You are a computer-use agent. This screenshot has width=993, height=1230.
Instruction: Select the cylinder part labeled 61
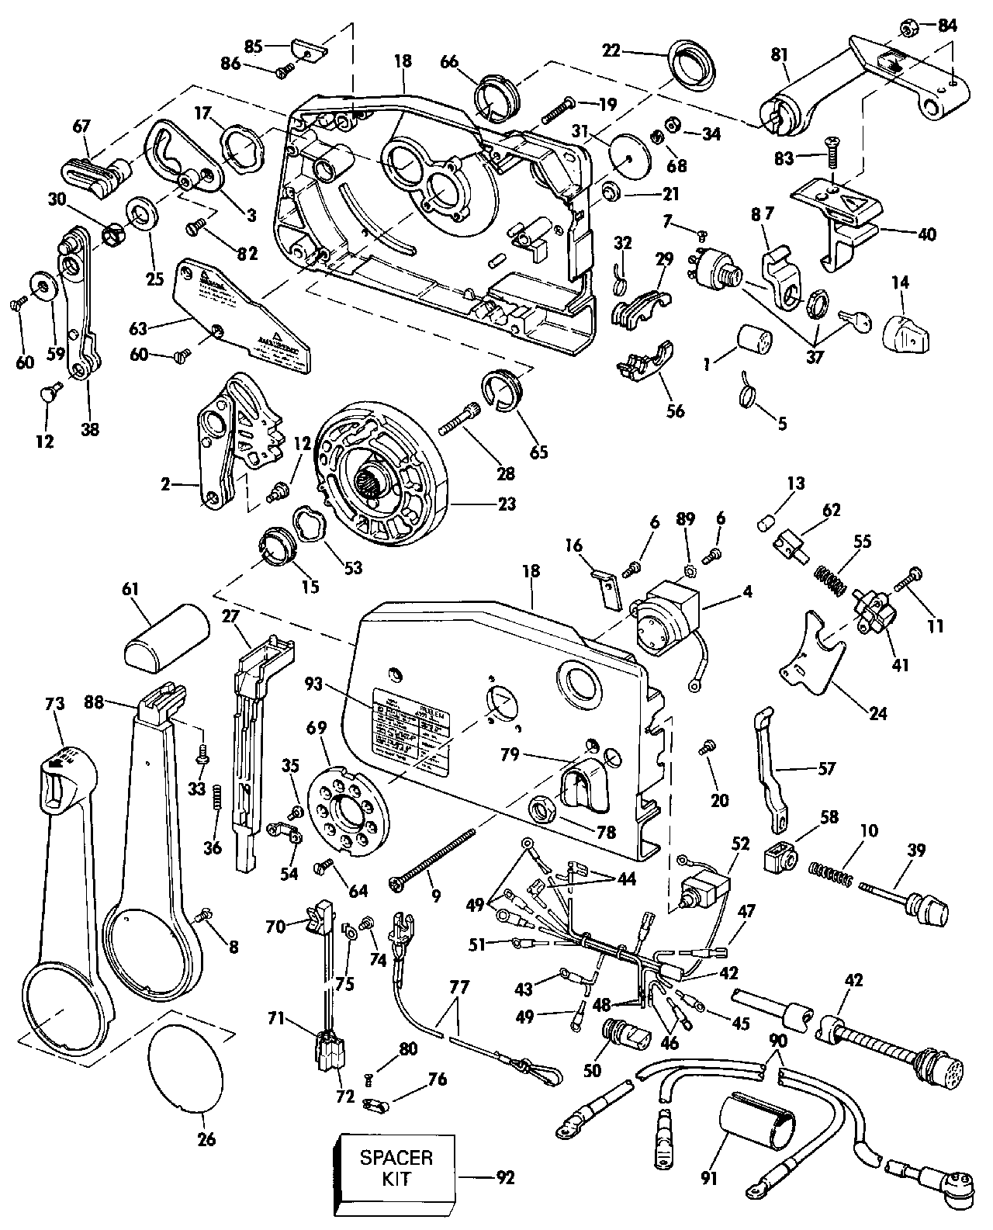click(167, 636)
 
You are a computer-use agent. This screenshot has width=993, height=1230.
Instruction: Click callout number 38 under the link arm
click(90, 428)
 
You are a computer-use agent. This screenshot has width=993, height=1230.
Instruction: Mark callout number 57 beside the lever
click(827, 768)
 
